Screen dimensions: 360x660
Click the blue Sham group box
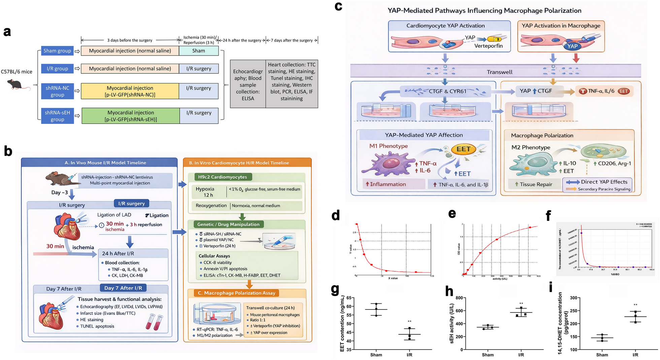click(x=57, y=51)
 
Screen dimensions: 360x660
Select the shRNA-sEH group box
click(x=57, y=116)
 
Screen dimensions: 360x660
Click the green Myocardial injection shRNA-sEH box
click(x=131, y=116)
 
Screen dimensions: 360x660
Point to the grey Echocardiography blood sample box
click(x=248, y=84)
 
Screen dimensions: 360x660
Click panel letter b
click(x=8, y=151)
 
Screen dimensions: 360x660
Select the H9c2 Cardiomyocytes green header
click(x=223, y=177)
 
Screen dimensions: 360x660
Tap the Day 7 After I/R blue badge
click(x=123, y=288)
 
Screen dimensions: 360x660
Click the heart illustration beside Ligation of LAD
click(x=67, y=226)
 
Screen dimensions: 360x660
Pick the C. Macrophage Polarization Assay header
click(x=236, y=293)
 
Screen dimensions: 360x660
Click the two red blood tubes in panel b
click(x=154, y=322)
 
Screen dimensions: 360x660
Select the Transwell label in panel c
click(x=499, y=72)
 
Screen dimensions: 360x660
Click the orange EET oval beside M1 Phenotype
click(x=463, y=149)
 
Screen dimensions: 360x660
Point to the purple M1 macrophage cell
click(x=391, y=164)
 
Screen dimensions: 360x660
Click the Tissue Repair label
click(x=536, y=184)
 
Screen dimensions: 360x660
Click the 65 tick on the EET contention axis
click(x=349, y=298)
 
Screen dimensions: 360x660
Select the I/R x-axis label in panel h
click(x=521, y=355)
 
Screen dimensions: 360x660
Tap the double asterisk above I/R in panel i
click(x=635, y=305)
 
